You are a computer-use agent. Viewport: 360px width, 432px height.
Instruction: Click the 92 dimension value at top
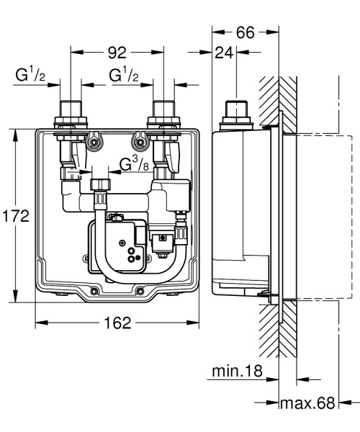pyautogui.click(x=117, y=53)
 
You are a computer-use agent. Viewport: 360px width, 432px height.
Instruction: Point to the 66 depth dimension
pyautogui.click(x=246, y=33)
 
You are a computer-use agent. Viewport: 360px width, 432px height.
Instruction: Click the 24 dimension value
pyautogui.click(x=225, y=53)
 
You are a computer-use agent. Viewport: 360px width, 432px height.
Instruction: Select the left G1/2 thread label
pyautogui.click(x=31, y=76)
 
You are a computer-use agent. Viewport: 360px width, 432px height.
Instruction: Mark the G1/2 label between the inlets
pyautogui.click(x=124, y=76)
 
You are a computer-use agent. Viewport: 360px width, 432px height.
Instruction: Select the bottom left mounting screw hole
pyautogui.click(x=94, y=292)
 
